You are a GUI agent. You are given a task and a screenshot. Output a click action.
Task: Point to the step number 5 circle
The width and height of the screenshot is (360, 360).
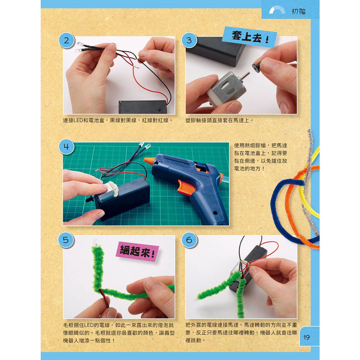[66, 240]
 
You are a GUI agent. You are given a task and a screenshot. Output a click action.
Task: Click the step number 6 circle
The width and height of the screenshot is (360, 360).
[189, 240]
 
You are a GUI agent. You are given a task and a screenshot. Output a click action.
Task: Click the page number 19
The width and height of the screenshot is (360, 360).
[307, 337]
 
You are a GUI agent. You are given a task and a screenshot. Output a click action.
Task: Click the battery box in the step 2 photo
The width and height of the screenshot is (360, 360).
[142, 107]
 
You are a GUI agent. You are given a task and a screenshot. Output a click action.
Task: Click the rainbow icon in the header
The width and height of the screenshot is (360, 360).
[277, 11]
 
